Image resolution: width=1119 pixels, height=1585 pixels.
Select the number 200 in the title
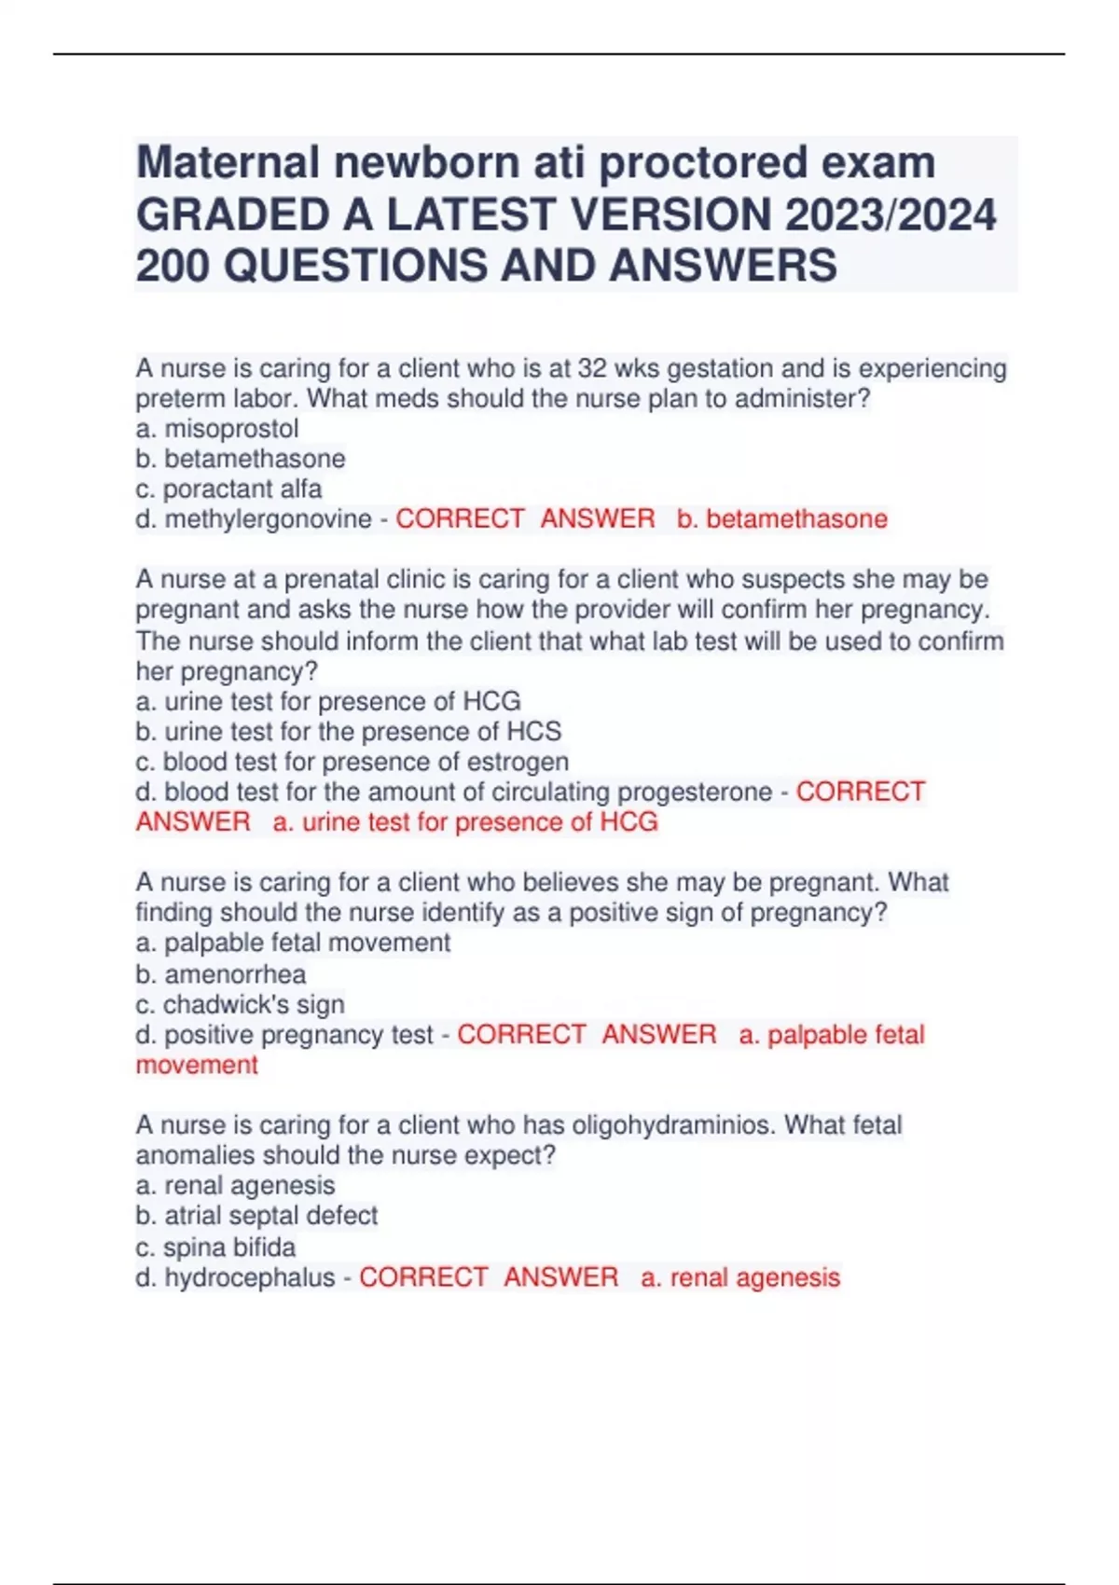[x=173, y=266]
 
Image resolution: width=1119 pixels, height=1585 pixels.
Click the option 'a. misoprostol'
[x=217, y=429]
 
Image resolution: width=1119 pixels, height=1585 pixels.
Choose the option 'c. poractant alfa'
[x=228, y=489]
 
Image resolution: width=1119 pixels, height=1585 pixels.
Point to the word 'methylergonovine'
[x=268, y=519]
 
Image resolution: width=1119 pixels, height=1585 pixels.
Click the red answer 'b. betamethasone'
[x=782, y=519]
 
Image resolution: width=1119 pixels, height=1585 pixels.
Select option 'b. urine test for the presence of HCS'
[x=349, y=732]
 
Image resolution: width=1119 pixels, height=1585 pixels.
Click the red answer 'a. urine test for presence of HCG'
[x=465, y=822]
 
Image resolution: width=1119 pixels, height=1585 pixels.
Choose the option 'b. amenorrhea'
[x=221, y=974]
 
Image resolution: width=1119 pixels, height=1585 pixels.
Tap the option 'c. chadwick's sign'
[x=240, y=1004]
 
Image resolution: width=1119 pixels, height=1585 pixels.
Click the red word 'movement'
[x=197, y=1065]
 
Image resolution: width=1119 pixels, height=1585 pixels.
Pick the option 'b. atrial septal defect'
[x=256, y=1216]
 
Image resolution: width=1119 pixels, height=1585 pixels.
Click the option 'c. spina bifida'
[x=215, y=1247]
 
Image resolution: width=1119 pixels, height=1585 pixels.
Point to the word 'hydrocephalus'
[x=249, y=1277]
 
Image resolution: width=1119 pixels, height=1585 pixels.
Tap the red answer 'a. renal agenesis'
[x=740, y=1277]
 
